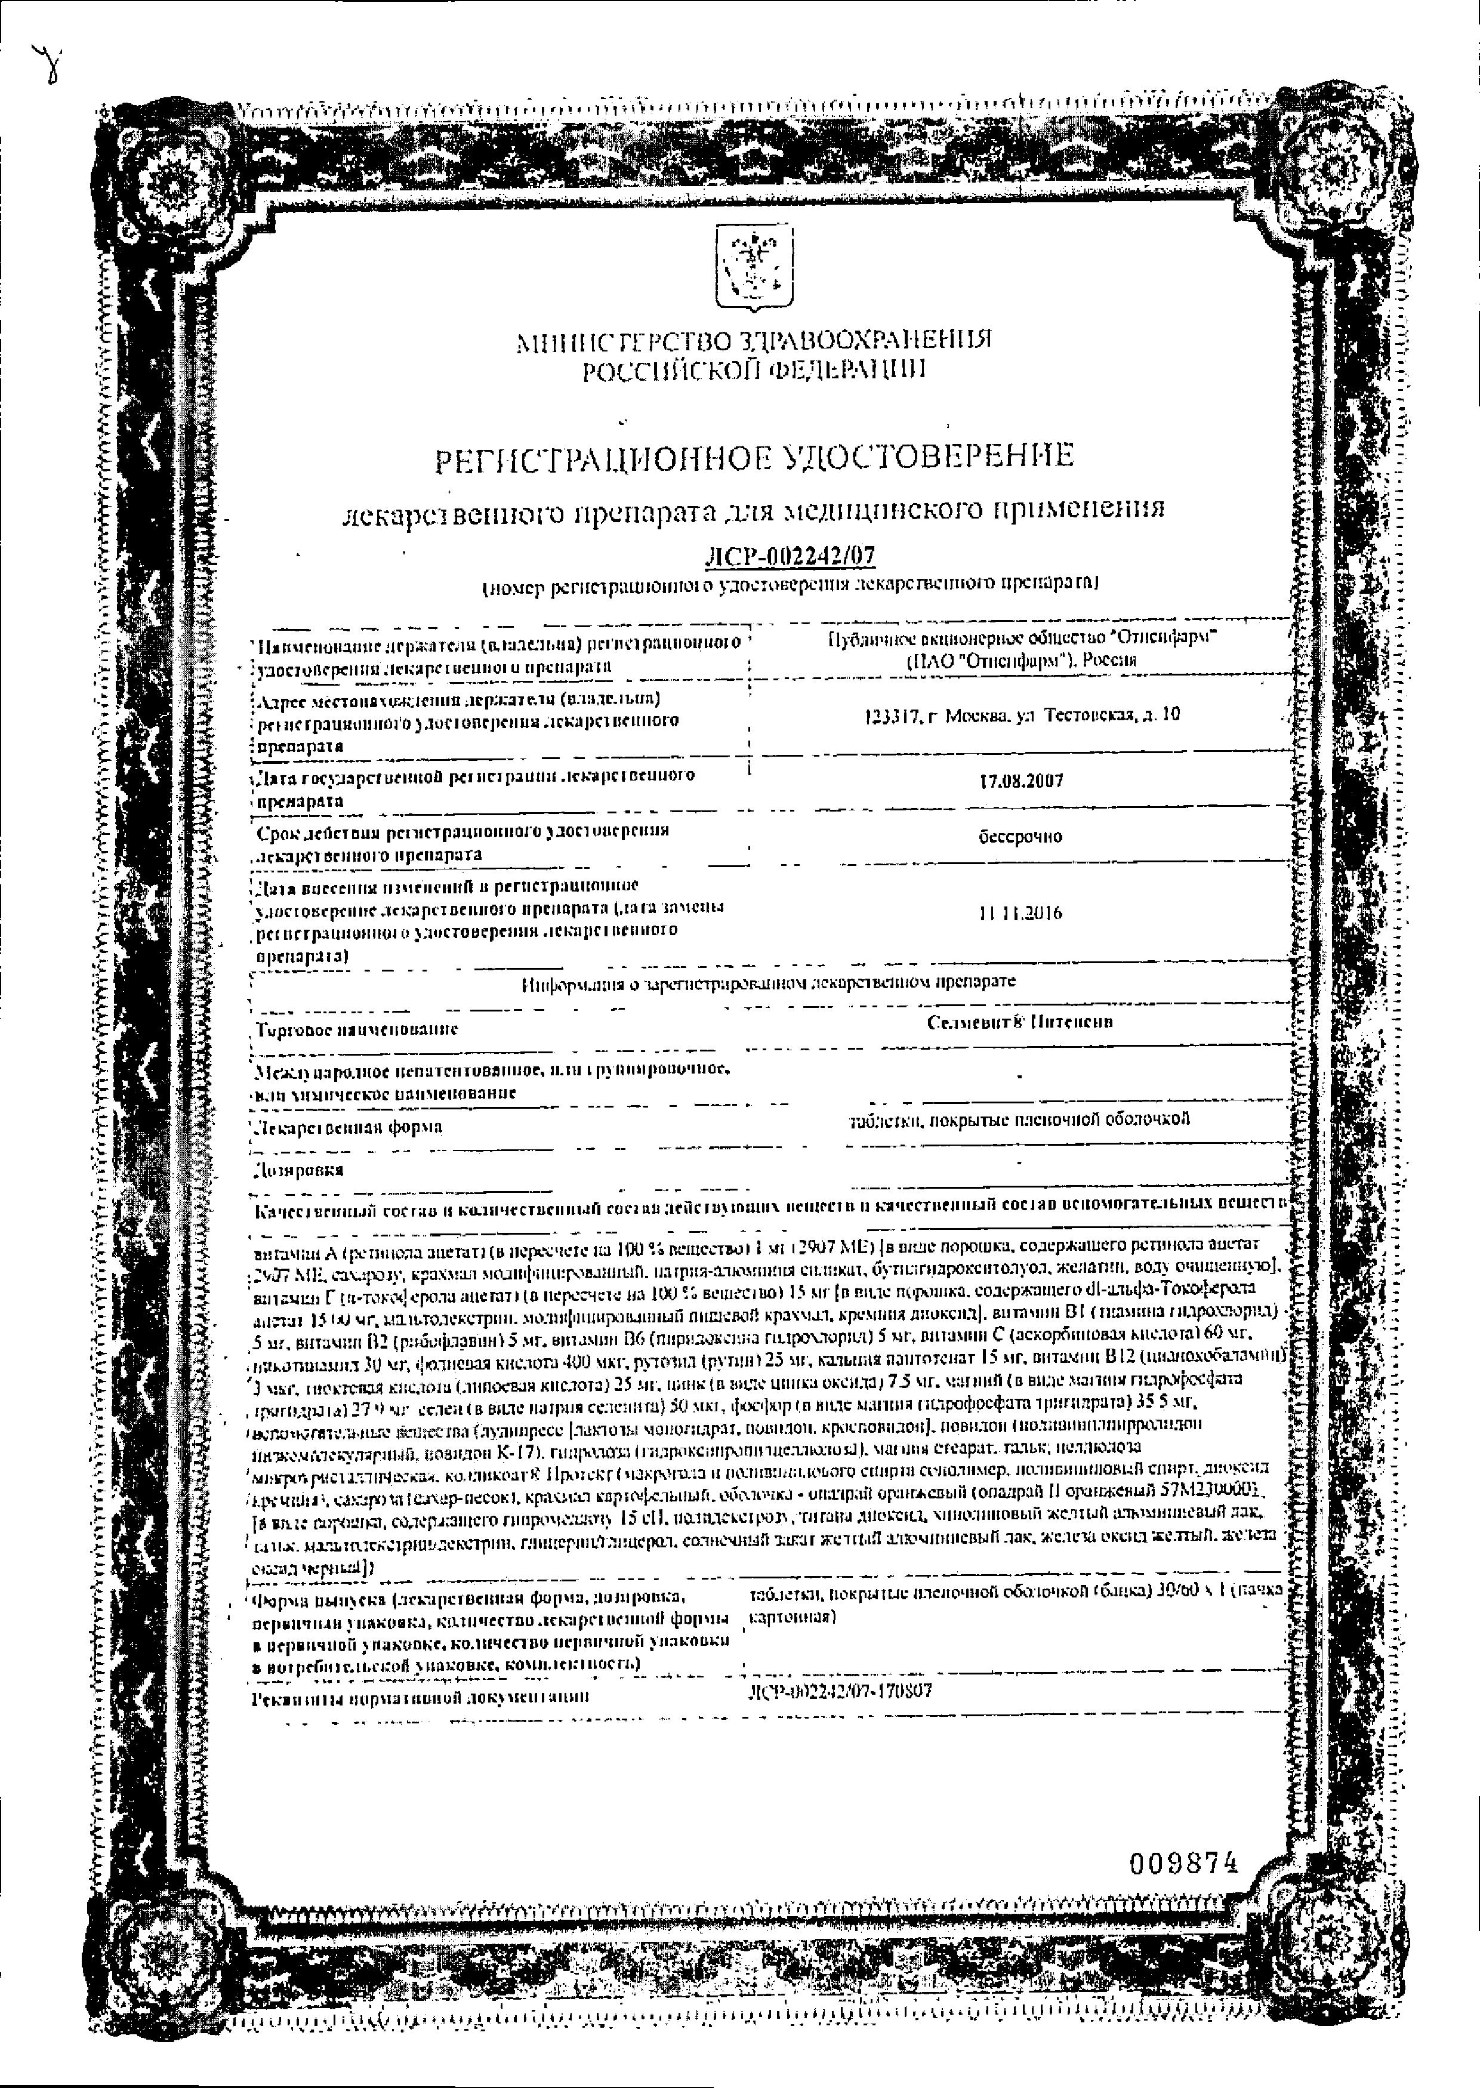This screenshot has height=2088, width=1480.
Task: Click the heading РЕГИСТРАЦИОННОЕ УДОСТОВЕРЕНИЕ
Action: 754,457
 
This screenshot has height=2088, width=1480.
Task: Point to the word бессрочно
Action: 1019,836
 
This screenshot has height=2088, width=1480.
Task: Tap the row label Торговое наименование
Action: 357,1029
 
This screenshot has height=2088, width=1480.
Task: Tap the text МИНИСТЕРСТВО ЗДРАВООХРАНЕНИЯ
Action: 754,341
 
